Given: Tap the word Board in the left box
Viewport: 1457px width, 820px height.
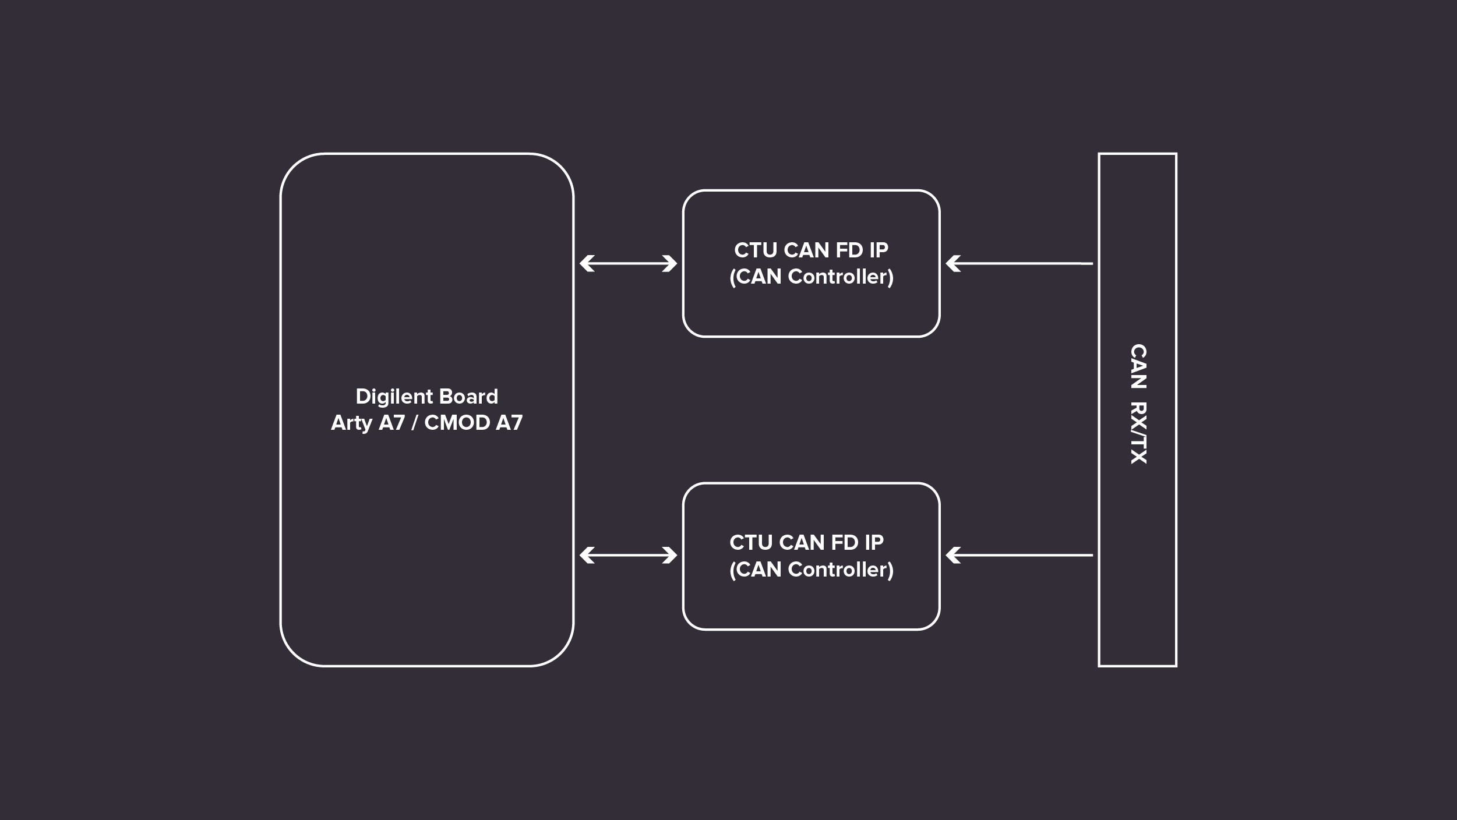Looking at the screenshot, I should tap(468, 397).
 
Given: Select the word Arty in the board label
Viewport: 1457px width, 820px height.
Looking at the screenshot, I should tap(351, 423).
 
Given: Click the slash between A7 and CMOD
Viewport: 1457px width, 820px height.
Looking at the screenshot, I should tap(414, 423).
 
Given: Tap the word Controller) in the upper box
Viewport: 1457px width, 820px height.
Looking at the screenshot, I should tap(841, 277).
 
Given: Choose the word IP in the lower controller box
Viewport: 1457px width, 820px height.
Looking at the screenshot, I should tap(874, 543).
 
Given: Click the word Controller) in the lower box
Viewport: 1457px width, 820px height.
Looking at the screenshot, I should tap(841, 570).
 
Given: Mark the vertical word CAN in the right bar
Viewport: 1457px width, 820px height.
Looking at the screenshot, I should tap(1138, 366).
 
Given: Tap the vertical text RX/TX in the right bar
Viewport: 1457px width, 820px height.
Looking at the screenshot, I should tap(1138, 433).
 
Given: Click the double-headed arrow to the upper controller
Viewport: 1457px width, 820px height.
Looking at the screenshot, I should tap(628, 264).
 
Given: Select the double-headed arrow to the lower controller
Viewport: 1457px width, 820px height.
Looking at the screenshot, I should tap(628, 556).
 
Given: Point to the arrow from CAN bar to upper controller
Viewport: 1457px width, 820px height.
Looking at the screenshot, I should tap(1019, 264).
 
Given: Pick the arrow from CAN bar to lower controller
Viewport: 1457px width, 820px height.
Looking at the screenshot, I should tap(1019, 556).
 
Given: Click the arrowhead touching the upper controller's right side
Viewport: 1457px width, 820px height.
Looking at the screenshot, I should tap(952, 264).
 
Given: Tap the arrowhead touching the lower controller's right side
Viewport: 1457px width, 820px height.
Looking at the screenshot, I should tap(952, 556).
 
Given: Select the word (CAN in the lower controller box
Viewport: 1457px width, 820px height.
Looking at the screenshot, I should tap(756, 570).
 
